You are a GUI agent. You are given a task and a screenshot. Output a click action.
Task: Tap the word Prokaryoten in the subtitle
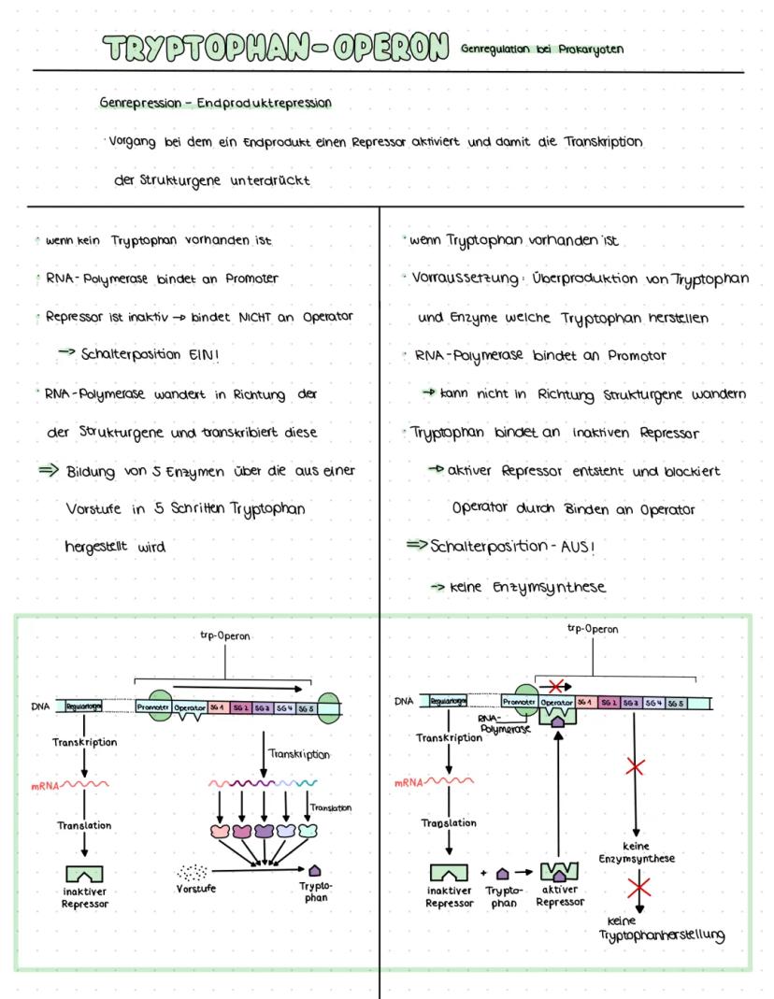click(x=591, y=50)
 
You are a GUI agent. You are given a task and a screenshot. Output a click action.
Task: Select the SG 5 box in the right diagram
click(x=674, y=702)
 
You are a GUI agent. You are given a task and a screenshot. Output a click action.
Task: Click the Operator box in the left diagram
click(x=190, y=707)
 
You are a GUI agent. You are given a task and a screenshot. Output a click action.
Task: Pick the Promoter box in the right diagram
click(x=518, y=702)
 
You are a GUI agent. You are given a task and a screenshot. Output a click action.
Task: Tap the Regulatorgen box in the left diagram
click(x=82, y=707)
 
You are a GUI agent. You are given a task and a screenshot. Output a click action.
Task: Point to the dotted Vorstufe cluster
click(x=193, y=871)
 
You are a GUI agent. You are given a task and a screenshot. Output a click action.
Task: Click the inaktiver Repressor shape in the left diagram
click(x=85, y=875)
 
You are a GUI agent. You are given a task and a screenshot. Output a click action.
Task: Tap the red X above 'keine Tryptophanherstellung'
click(x=638, y=887)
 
